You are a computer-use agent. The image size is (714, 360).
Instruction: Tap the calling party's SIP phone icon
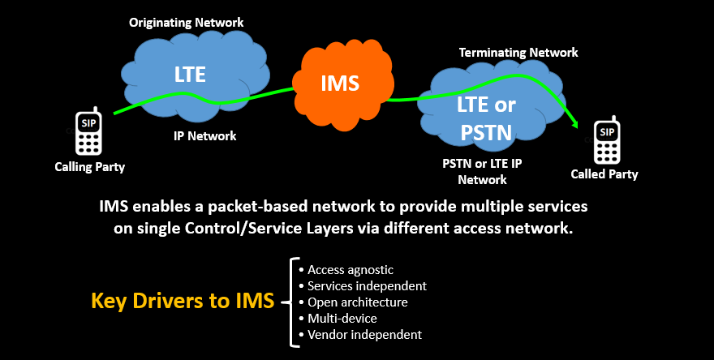[88, 131]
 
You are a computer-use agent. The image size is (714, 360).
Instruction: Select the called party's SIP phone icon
[605, 139]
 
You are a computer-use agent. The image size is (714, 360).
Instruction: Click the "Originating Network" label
[186, 22]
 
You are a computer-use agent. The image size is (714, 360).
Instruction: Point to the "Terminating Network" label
[518, 52]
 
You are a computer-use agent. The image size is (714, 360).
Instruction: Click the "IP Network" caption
[205, 135]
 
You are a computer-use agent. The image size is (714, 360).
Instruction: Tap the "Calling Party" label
[89, 167]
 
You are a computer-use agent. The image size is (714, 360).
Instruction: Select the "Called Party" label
[604, 174]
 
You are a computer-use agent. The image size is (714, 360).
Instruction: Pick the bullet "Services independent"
[367, 286]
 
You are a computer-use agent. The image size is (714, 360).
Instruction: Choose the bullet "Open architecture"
[357, 302]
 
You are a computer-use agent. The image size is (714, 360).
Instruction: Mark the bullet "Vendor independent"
[364, 335]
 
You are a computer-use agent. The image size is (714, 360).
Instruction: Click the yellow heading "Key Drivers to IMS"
[183, 302]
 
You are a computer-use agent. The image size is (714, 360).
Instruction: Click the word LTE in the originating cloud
[190, 75]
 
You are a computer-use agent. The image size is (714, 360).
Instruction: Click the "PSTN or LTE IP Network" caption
[482, 171]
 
